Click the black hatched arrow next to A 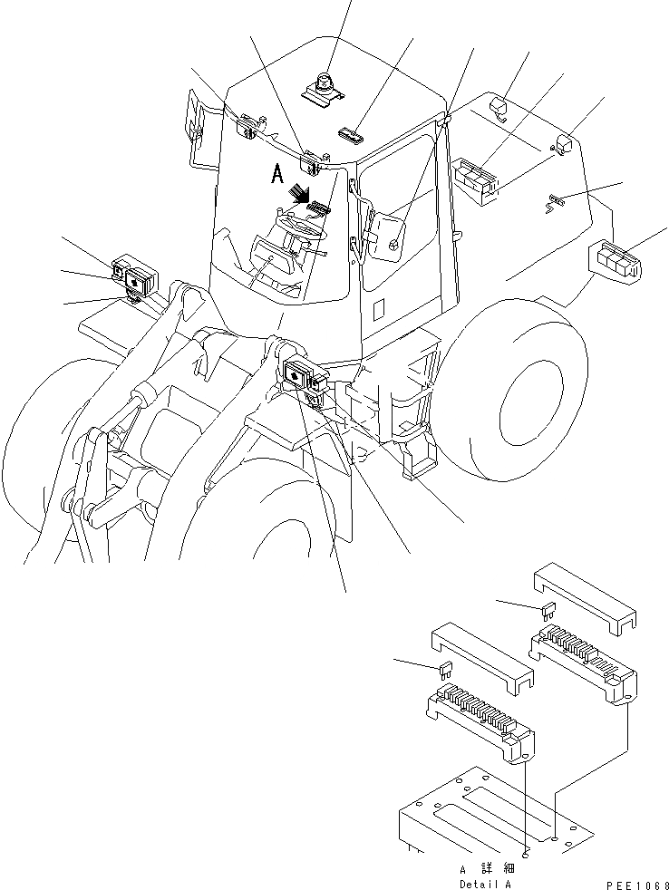(296, 193)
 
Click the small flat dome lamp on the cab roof (350, 137)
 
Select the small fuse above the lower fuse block (444, 672)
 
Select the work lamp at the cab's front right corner (313, 163)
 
